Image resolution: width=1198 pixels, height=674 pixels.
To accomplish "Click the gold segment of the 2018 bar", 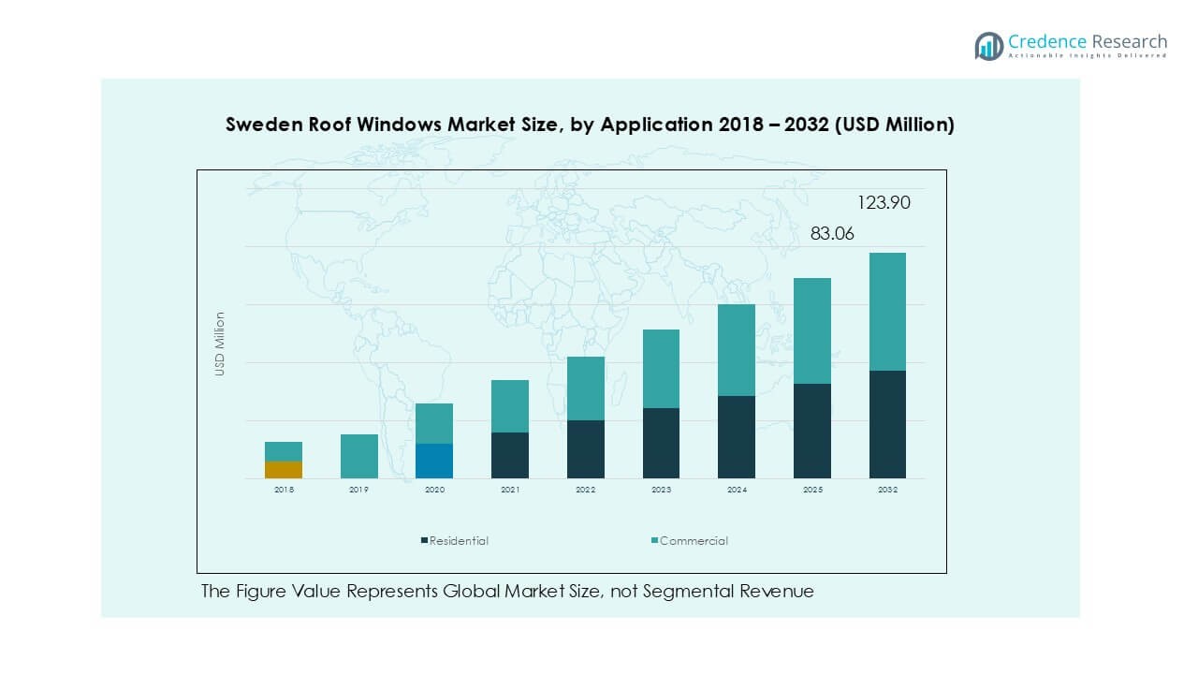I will (x=284, y=470).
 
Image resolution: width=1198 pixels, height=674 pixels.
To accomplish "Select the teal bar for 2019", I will (x=359, y=456).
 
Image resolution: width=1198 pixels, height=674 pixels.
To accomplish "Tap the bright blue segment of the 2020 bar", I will (x=434, y=461).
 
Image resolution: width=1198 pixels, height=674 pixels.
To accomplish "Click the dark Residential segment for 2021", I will (x=510, y=455).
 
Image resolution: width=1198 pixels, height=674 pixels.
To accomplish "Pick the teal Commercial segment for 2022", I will (x=586, y=388).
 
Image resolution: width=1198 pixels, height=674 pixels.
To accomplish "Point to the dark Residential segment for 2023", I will (x=661, y=443).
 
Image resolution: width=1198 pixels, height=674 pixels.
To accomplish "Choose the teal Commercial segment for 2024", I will (x=737, y=350).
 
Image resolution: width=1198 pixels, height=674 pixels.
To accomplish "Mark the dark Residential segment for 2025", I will (x=812, y=431).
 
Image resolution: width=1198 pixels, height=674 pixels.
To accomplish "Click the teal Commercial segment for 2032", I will (x=887, y=312).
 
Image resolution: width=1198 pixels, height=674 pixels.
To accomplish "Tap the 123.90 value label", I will (x=884, y=202).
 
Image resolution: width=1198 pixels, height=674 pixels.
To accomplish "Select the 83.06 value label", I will (x=832, y=234).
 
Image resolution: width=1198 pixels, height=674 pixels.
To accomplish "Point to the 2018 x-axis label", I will (x=284, y=490).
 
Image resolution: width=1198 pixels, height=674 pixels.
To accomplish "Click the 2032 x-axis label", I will (x=887, y=490).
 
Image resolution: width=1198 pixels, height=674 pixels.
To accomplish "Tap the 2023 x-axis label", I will (x=661, y=490).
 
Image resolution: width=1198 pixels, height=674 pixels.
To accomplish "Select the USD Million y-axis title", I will (x=220, y=344).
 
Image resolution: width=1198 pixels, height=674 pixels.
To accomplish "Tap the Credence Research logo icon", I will (x=989, y=46).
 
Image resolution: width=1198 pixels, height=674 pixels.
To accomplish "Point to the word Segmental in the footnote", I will (x=640, y=592).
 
